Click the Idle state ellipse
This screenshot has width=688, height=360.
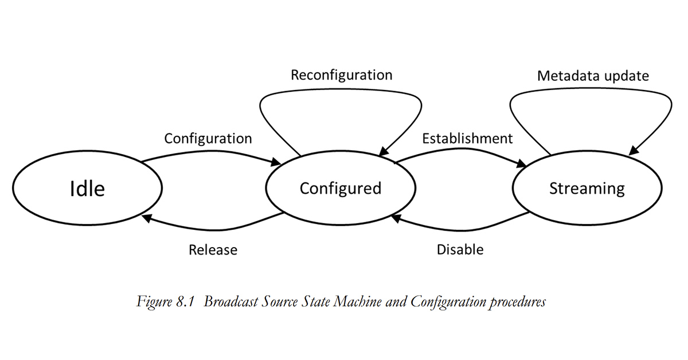[87, 188]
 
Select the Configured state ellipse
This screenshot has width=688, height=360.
[341, 188]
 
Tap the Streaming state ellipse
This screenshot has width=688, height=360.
[587, 188]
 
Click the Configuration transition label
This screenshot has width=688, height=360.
[208, 138]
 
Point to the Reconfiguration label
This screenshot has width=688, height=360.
[341, 75]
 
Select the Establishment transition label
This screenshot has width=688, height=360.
[467, 138]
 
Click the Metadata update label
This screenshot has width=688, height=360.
[593, 76]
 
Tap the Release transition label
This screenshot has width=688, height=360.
[213, 250]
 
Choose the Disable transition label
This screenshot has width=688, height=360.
[460, 249]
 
